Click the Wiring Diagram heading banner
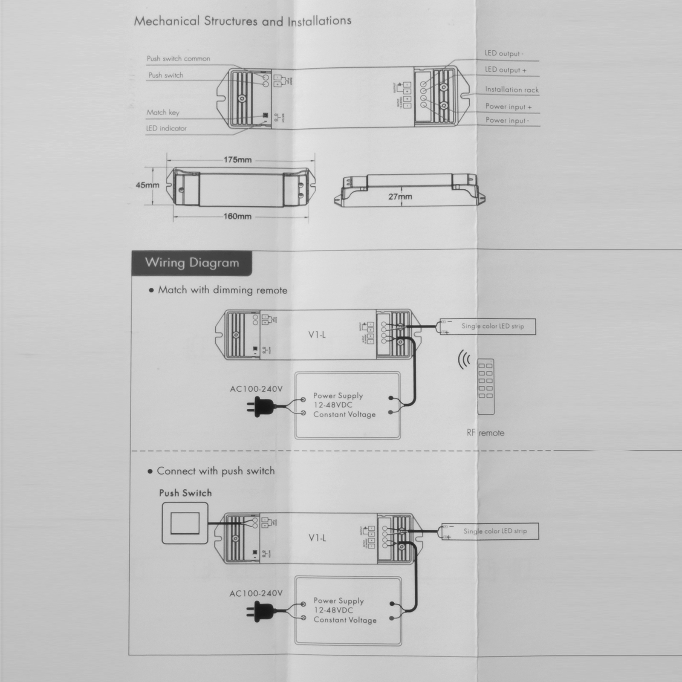192,263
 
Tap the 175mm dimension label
237,160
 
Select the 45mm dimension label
147,185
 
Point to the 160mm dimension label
237,217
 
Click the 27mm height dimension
400,197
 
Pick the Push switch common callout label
178,59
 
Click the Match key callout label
163,113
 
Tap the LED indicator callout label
166,128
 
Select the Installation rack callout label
511,90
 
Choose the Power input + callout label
508,107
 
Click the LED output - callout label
504,54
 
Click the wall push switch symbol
185,523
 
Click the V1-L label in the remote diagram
317,335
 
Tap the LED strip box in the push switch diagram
490,532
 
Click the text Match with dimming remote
222,290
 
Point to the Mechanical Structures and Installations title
243,21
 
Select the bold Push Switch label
185,493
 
